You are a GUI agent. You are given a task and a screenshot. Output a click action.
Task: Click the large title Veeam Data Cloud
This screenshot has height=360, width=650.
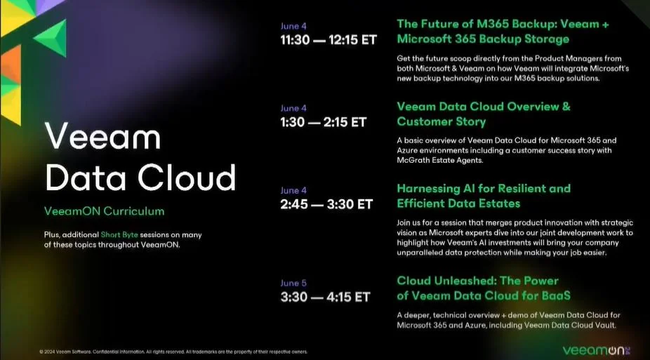(140, 156)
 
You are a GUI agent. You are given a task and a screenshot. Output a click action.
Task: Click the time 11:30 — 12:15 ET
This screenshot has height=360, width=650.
(329, 39)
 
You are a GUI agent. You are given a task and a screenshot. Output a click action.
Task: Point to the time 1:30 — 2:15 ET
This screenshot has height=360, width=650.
(323, 122)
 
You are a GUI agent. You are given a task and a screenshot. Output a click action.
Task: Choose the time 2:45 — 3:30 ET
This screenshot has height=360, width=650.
(326, 204)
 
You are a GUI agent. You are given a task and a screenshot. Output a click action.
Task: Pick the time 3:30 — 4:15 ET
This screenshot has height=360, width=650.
(325, 297)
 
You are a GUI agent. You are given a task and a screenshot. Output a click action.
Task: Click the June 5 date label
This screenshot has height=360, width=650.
(293, 283)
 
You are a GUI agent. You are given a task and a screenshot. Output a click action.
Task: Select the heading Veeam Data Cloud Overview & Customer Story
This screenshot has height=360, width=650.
(484, 114)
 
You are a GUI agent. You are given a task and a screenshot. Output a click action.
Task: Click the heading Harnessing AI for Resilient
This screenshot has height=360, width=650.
(484, 188)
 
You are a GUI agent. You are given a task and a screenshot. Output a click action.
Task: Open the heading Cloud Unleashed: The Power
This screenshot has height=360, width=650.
(477, 281)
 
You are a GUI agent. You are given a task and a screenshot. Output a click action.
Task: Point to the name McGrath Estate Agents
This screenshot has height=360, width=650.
(440, 160)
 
